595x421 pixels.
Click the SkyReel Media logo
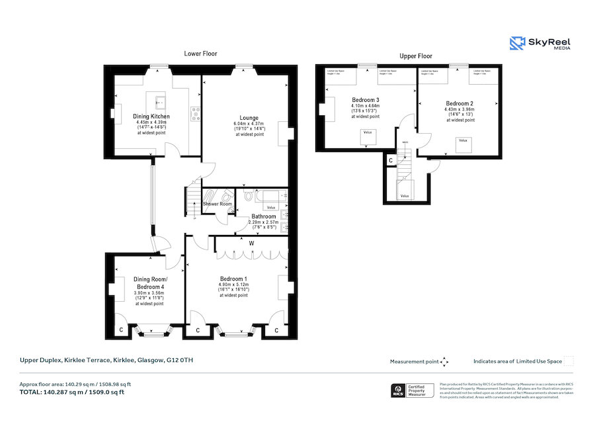click(539, 44)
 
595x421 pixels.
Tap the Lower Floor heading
click(200, 54)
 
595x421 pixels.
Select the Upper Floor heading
click(416, 56)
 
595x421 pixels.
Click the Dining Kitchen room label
click(152, 117)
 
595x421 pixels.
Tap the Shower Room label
click(218, 204)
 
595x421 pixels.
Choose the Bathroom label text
click(262, 216)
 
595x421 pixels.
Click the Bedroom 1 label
click(233, 279)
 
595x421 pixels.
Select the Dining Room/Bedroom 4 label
click(149, 283)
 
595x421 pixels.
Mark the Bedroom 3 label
click(365, 100)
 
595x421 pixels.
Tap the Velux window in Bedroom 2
click(463, 140)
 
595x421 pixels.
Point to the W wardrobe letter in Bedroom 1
click(252, 242)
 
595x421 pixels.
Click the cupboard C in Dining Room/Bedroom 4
click(120, 329)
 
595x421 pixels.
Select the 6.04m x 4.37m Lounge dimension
click(249, 124)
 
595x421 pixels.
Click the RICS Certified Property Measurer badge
click(414, 391)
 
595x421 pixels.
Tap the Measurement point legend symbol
click(444, 361)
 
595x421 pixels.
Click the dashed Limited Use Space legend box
click(569, 361)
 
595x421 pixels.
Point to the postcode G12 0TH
click(180, 360)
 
